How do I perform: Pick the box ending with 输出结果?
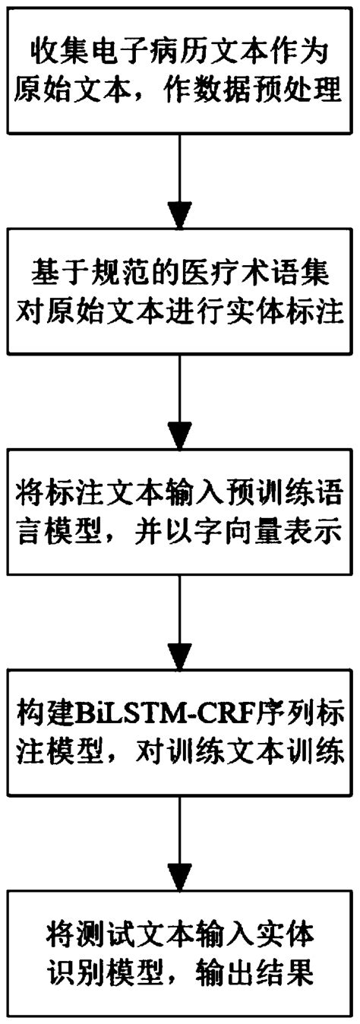coord(180,928)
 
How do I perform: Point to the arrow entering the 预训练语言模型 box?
coord(180,396)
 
